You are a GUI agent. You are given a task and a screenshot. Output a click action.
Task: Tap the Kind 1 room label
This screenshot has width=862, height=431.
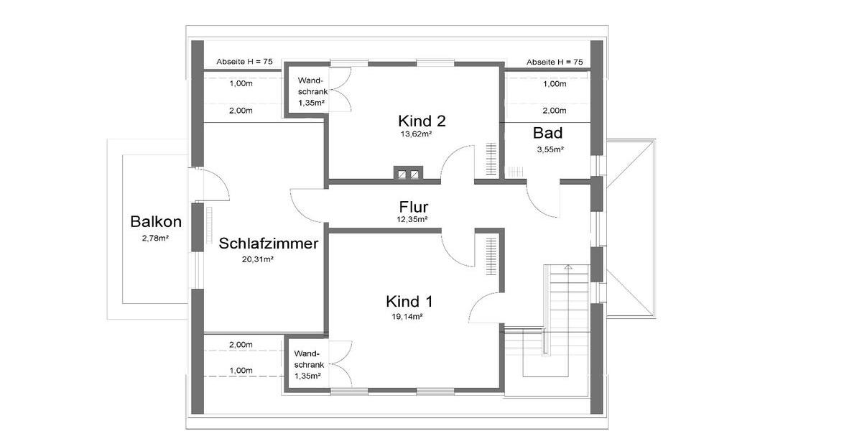[x=409, y=301]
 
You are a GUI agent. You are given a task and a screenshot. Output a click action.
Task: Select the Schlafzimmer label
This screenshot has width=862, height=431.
[x=269, y=244]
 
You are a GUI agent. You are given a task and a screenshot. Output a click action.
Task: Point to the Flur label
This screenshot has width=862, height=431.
[x=413, y=207]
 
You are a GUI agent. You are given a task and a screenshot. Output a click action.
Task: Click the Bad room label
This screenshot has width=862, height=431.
[x=547, y=133]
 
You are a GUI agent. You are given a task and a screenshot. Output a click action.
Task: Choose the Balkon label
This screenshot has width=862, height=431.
[x=156, y=222]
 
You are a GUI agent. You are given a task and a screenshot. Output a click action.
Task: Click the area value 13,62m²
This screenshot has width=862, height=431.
[x=416, y=134]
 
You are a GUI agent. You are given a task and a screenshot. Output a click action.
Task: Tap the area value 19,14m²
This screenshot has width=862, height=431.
[x=407, y=316]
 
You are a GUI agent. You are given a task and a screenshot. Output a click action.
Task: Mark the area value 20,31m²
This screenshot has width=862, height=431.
[x=258, y=259]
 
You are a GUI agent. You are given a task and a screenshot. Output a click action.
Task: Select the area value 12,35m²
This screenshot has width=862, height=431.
[x=413, y=219]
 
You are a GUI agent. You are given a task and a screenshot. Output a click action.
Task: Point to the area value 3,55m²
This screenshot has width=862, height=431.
[x=550, y=149]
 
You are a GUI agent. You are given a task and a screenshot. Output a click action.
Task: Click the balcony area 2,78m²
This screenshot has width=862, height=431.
[x=155, y=237]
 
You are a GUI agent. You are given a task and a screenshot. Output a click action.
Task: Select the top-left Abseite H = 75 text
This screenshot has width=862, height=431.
[x=245, y=62]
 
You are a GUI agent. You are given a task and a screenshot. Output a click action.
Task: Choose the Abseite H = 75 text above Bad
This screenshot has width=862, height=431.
[x=554, y=62]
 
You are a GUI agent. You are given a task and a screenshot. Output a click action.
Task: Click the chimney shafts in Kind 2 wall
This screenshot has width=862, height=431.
[x=409, y=174]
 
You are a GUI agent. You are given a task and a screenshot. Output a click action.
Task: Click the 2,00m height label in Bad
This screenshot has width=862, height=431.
[x=554, y=111]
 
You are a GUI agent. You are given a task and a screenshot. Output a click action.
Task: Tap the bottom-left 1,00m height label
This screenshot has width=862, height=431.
[x=241, y=370]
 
